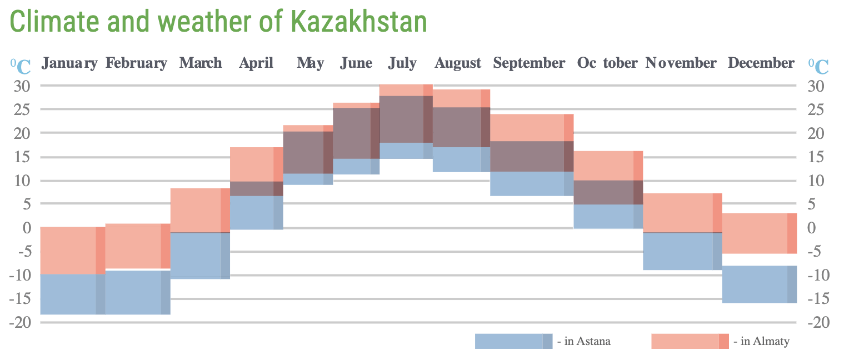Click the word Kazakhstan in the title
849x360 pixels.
[x=359, y=22]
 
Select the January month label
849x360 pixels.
[x=70, y=63]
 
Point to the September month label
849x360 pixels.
[x=529, y=63]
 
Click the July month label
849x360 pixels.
[x=402, y=63]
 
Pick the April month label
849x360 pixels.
[x=256, y=63]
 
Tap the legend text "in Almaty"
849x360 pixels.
[x=761, y=341]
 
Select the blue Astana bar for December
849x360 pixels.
[x=759, y=284]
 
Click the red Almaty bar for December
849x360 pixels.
[x=759, y=233]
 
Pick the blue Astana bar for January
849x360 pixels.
[x=73, y=294]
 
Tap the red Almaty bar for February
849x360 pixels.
[x=137, y=247]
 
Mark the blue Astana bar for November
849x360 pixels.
[x=682, y=252]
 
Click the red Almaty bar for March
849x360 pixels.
[x=200, y=210]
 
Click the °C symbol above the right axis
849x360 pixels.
[x=818, y=66]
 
